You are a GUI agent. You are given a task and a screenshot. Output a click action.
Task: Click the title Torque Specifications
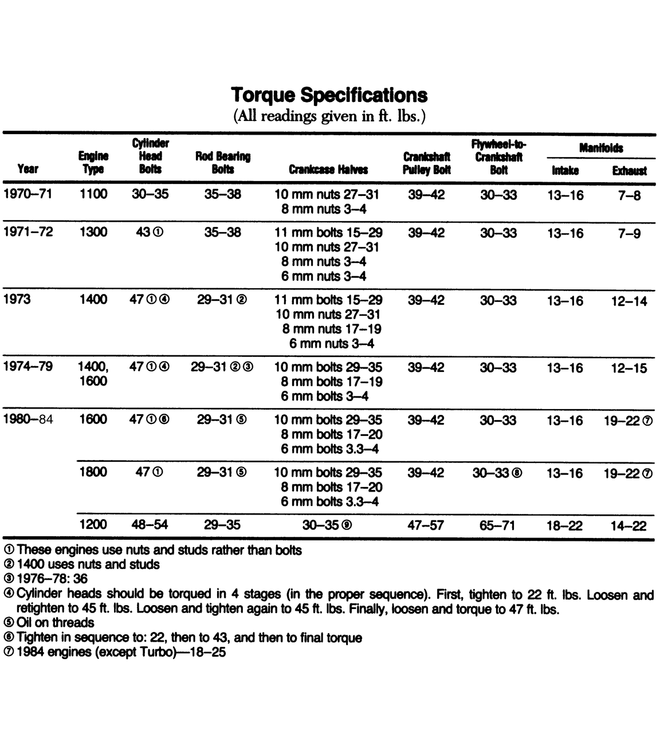pyautogui.click(x=329, y=95)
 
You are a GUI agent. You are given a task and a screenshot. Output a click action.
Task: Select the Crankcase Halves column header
pyautogui.click(x=328, y=170)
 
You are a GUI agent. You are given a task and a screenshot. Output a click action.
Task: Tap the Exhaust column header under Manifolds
pyautogui.click(x=629, y=170)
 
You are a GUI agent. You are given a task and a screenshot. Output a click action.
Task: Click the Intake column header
pyautogui.click(x=565, y=170)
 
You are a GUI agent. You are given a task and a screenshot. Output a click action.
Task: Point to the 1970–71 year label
pyautogui.click(x=27, y=194)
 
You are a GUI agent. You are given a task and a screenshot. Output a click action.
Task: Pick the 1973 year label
pyautogui.click(x=17, y=299)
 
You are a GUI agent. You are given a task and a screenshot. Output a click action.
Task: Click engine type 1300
pyautogui.click(x=93, y=232)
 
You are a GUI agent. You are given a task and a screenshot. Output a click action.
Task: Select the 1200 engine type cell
pyautogui.click(x=93, y=524)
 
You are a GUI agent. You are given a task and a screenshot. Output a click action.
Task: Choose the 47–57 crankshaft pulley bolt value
pyautogui.click(x=426, y=525)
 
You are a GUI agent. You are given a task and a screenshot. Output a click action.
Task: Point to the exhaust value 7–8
pyautogui.click(x=629, y=195)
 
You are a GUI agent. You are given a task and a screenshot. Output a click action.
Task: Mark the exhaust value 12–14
pyautogui.click(x=628, y=301)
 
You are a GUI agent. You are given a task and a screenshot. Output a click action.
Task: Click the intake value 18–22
pyautogui.click(x=564, y=525)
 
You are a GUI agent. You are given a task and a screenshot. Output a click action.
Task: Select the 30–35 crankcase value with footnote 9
pyautogui.click(x=327, y=525)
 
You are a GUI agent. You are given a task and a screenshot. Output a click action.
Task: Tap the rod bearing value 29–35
pyautogui.click(x=222, y=525)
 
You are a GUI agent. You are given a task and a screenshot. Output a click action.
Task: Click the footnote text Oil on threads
pyautogui.click(x=55, y=622)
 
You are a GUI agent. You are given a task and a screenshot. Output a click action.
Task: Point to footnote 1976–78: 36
pyautogui.click(x=52, y=579)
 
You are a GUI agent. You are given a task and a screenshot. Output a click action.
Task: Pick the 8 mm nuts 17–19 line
pyautogui.click(x=331, y=329)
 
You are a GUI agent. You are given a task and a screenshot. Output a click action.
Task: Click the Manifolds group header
pyautogui.click(x=600, y=148)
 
